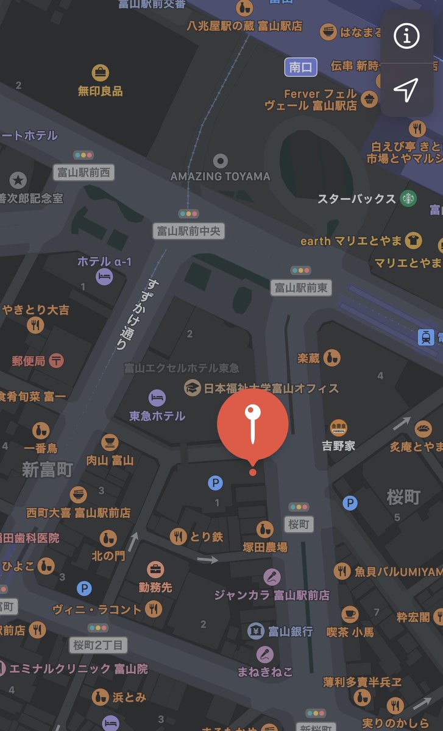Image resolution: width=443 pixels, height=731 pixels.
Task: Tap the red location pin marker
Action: coord(252,423)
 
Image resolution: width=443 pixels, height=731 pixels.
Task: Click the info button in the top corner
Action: coord(406,37)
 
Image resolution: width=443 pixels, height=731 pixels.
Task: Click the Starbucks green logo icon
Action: coord(408,198)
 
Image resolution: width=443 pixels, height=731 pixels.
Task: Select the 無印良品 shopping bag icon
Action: coord(101,73)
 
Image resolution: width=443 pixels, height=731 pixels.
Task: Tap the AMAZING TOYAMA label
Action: coord(220,176)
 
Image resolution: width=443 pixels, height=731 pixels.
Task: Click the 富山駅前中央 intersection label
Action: coord(188,230)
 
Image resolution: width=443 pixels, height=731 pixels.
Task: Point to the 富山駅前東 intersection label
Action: coord(301,287)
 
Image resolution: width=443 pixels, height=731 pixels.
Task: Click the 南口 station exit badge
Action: coord(301,67)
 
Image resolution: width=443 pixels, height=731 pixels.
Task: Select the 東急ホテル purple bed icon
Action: coord(157,398)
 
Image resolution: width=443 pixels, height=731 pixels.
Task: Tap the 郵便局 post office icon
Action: coord(57,361)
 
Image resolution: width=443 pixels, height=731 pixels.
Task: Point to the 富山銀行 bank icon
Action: coord(256,631)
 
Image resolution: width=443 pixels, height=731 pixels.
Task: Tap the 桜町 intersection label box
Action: coord(299,524)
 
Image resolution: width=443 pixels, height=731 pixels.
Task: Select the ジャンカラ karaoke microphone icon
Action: coord(272,576)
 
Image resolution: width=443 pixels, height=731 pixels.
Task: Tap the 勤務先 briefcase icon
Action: coord(155,570)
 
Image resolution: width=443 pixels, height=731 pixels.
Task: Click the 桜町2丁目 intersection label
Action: coord(97,644)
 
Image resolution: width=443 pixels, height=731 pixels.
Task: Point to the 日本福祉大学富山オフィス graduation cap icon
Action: coord(193,387)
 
